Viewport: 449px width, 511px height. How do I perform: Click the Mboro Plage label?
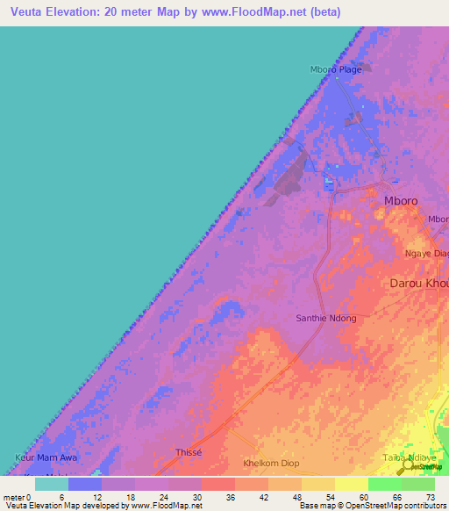coord(336,70)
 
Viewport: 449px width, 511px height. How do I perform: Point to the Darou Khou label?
coord(418,284)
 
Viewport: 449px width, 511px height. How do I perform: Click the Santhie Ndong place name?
coord(325,318)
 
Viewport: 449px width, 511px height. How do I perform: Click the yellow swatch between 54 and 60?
coord(351,484)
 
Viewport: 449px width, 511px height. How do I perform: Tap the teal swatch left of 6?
coord(51,484)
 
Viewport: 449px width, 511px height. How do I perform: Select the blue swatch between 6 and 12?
coord(85,484)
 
